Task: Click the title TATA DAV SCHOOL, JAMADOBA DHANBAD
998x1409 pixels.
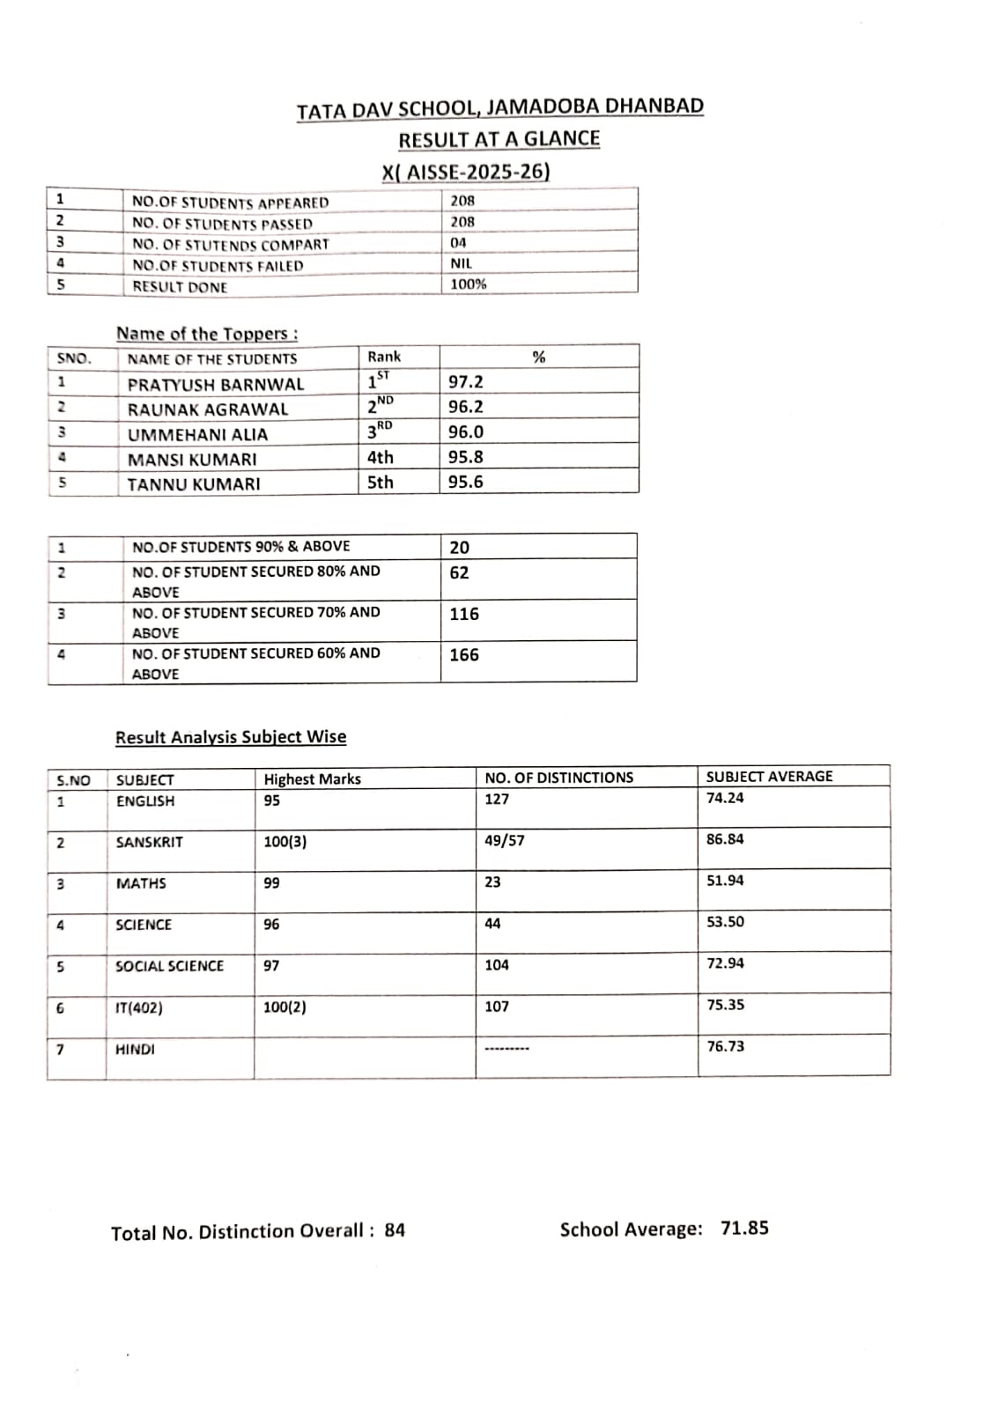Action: [499, 108]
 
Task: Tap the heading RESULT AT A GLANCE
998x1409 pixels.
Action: [499, 139]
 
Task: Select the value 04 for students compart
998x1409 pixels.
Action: [458, 242]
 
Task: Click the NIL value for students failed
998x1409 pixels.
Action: [461, 263]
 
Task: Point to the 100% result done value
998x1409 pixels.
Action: [468, 284]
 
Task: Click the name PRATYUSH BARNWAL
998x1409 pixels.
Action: [215, 385]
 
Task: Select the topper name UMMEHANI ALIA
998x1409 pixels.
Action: [197, 435]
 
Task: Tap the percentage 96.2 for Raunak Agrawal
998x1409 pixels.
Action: [465, 407]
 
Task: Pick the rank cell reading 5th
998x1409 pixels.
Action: [381, 483]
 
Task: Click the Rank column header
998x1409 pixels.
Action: [384, 357]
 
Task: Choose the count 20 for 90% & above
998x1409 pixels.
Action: [459, 548]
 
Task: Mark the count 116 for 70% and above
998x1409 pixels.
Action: [464, 614]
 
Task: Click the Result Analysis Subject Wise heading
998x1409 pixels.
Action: [231, 737]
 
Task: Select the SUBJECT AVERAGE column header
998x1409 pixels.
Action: [769, 777]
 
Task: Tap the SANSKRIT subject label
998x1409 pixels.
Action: [150, 843]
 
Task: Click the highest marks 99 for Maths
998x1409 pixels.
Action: [271, 883]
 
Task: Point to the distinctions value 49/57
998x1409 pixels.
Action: [504, 841]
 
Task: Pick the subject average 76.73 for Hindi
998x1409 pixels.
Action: [725, 1046]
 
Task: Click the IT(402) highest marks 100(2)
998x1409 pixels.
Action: [285, 1007]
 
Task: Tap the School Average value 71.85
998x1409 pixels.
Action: [744, 1228]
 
